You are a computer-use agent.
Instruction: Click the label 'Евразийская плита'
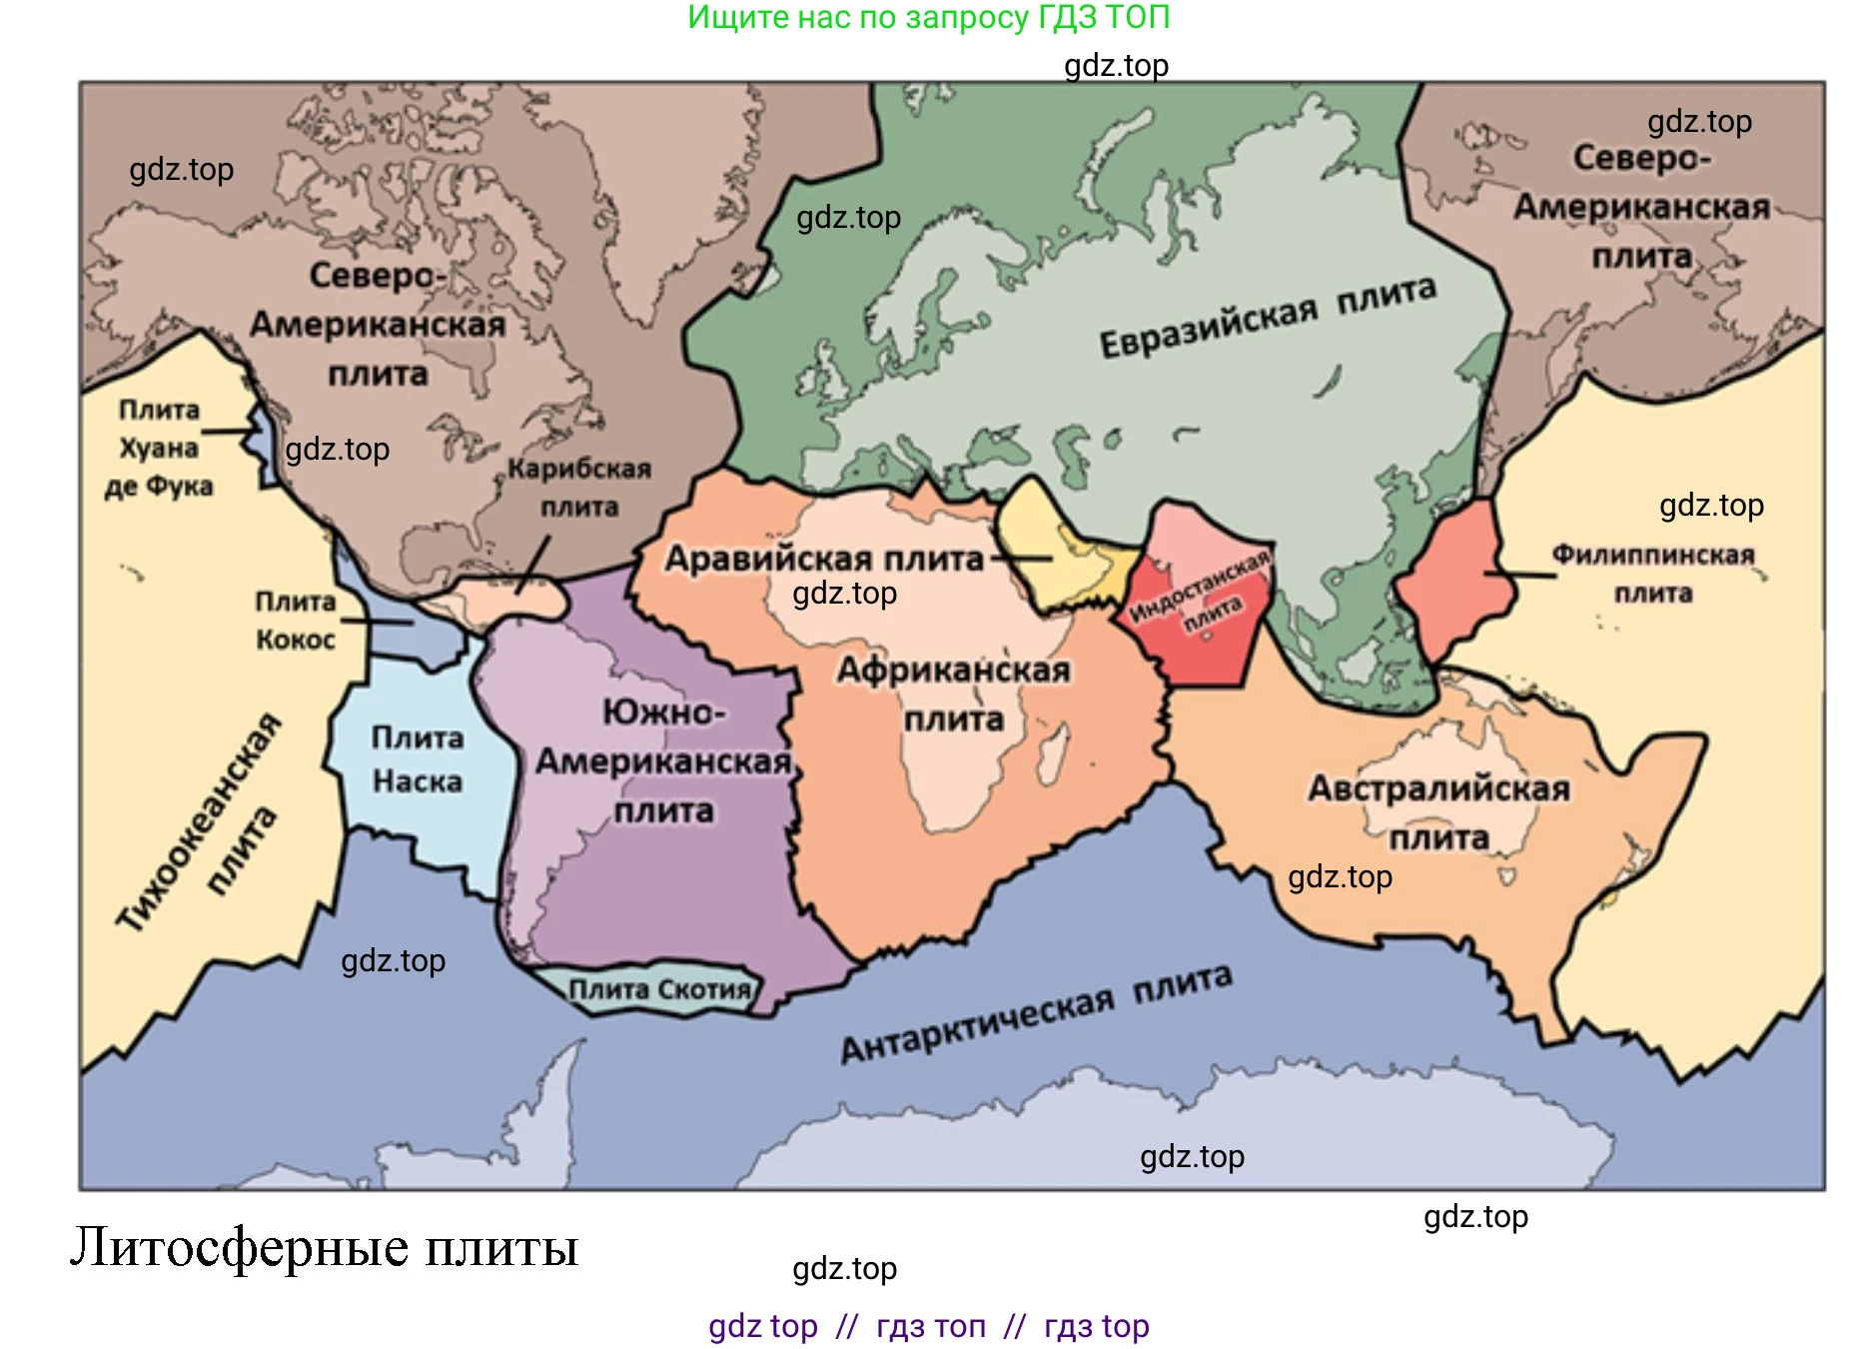1267,315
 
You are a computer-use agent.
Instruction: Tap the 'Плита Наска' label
418,759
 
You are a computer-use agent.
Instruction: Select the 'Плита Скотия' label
659,989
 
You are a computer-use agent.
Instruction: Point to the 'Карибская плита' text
579,487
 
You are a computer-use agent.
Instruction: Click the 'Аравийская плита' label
824,558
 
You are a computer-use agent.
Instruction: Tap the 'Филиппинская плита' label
1653,574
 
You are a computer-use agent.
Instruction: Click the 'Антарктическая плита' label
1036,1013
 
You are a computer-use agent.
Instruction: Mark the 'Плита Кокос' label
295,620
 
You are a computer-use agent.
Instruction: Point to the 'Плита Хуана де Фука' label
159,448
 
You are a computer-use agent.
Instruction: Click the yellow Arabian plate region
1059,545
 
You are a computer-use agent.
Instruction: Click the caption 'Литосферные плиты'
325,1247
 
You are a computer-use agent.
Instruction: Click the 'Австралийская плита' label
1438,811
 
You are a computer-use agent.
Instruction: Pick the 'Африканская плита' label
954,693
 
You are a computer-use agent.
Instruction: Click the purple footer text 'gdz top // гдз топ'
928,1326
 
